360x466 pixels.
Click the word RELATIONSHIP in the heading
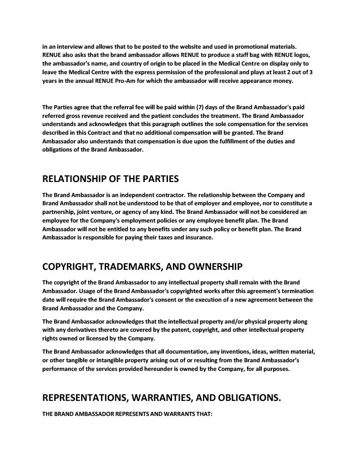[x=76, y=178]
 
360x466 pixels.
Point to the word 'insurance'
[x=198, y=238]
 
